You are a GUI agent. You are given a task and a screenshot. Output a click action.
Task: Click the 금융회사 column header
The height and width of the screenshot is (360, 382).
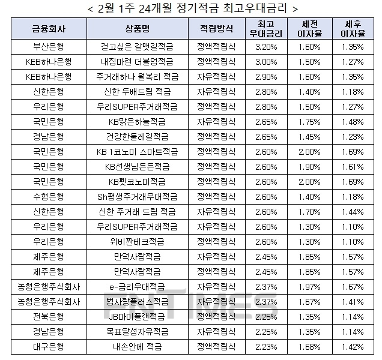[x=49, y=29]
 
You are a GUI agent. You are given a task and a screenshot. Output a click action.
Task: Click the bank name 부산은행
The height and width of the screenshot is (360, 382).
[x=49, y=46]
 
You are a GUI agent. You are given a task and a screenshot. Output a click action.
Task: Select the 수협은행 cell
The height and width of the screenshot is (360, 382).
[x=49, y=196]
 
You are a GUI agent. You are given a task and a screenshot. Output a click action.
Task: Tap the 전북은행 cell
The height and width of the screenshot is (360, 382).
[x=49, y=316]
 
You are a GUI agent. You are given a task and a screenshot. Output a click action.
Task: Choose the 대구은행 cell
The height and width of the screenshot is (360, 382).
[x=49, y=346]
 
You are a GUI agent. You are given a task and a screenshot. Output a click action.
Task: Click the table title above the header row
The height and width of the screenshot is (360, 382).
[x=191, y=8]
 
